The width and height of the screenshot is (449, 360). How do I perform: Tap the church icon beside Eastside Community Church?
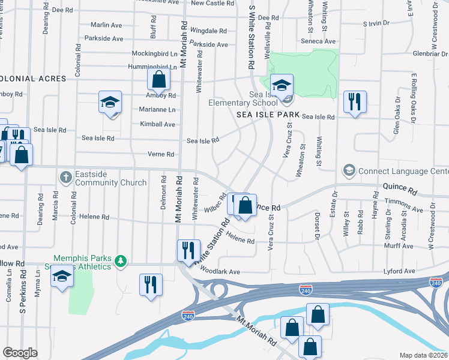tap(65, 178)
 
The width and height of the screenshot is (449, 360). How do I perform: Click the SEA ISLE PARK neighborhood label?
tap(268, 114)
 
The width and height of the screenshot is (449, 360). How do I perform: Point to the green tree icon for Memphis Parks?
tap(121, 260)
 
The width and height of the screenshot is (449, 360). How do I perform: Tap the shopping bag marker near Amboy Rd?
tap(158, 80)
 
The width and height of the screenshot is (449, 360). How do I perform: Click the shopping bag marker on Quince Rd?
tap(245, 205)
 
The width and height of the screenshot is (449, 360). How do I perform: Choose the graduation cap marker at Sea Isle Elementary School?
tap(280, 85)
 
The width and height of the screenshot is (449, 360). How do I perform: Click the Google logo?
tap(20, 353)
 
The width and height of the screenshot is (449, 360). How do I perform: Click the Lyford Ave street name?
tap(400, 272)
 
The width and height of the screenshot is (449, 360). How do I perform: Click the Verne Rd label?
tap(160, 154)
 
